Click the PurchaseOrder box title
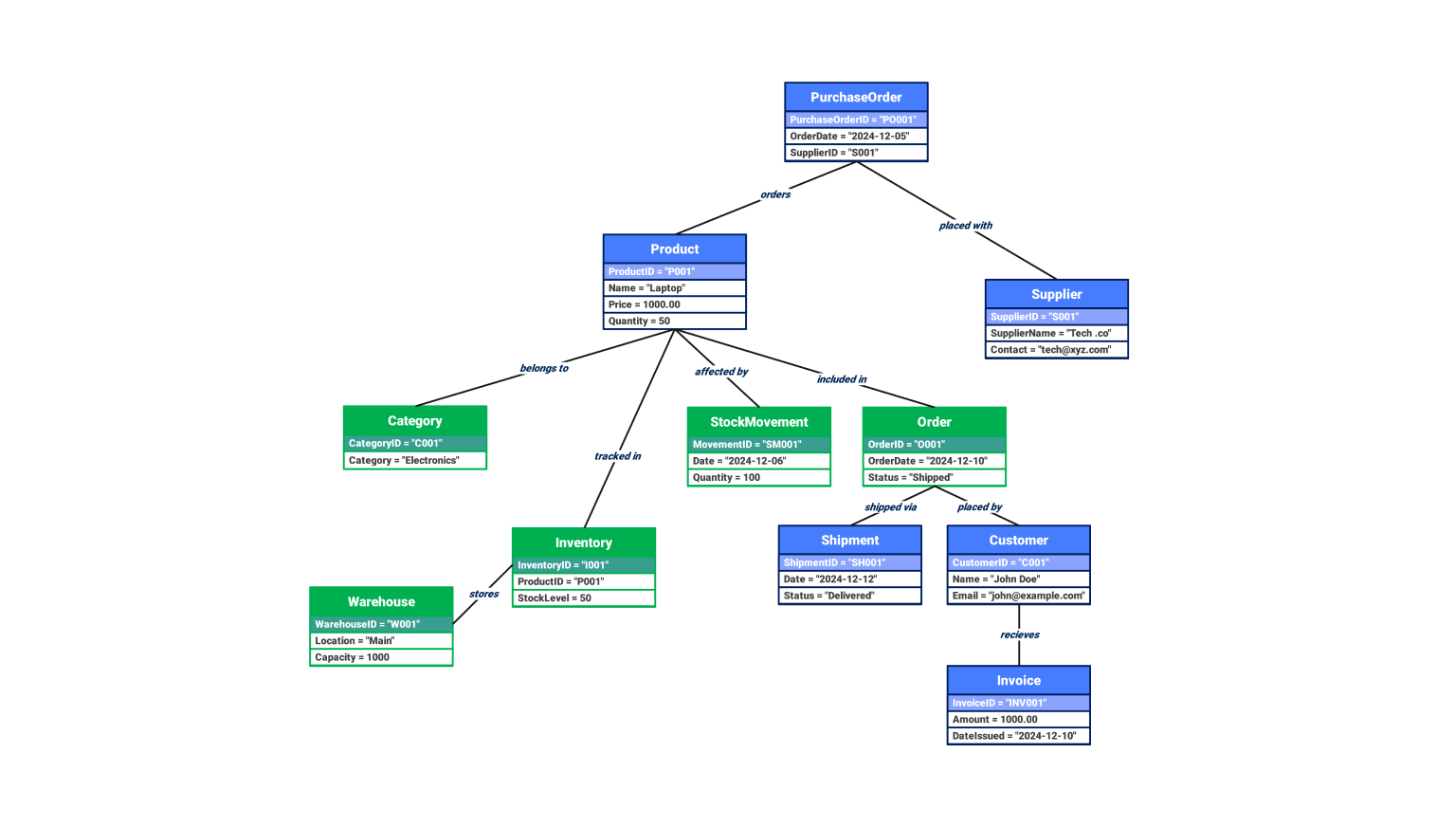[856, 97]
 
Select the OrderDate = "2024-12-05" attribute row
[856, 137]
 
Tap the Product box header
[674, 248]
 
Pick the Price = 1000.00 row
[674, 304]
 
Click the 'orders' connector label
[775, 194]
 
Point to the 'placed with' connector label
[965, 226]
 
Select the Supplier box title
[1056, 294]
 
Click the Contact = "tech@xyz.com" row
[1056, 350]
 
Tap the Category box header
[414, 421]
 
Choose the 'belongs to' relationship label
[544, 368]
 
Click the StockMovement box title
[758, 422]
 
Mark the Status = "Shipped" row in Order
[934, 478]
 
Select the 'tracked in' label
[617, 456]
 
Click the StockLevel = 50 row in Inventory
[583, 598]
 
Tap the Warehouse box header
[381, 601]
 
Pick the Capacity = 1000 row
[381, 657]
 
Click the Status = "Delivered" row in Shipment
[849, 596]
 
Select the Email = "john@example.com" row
[1018, 596]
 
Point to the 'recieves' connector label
[1019, 634]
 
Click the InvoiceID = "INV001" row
[1018, 703]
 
